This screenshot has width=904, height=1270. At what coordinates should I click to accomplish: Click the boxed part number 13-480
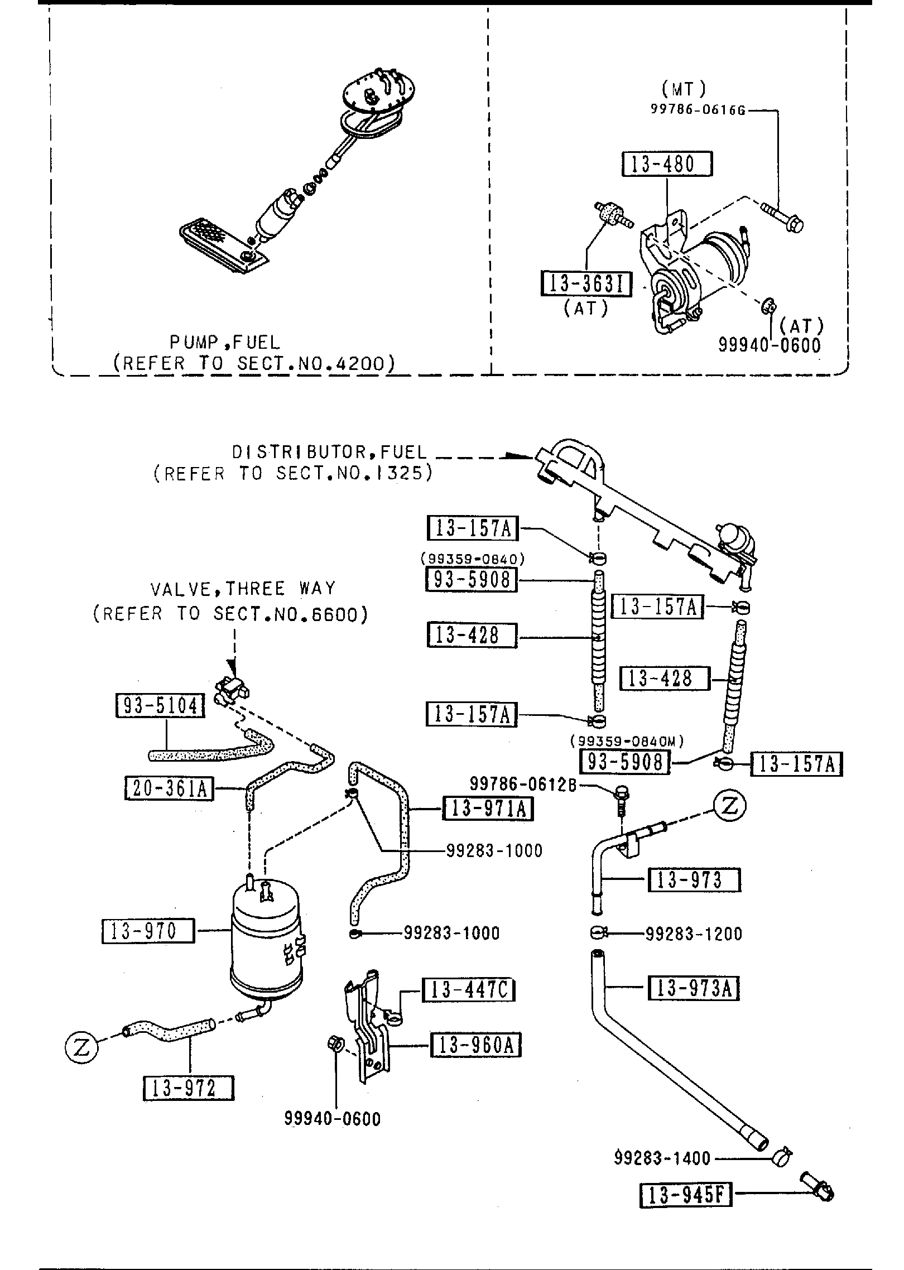coord(667,163)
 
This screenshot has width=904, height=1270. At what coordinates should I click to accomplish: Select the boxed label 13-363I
coord(586,284)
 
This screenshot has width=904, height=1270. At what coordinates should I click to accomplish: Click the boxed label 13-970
coord(148,931)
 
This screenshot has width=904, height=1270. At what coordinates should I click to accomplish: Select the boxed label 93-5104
coord(160,706)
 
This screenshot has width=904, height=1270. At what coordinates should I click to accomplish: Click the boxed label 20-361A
coord(169,788)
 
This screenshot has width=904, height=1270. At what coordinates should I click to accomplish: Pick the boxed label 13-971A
coord(487,808)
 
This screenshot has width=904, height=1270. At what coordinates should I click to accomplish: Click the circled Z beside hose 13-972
coord(81,1048)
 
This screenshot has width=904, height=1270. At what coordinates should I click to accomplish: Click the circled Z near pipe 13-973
coord(729,805)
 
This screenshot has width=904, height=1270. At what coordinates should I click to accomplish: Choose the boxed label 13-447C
coord(468,990)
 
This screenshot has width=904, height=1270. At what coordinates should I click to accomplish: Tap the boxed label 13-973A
coord(694,988)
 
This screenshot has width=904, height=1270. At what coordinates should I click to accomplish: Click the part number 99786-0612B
coord(523,785)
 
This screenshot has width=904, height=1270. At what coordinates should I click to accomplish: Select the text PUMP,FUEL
coord(225,341)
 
